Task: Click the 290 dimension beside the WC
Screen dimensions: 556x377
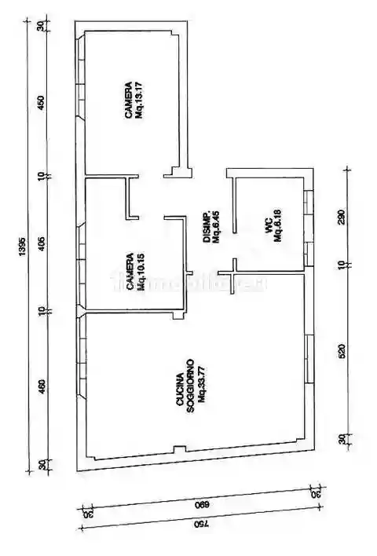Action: click(341, 218)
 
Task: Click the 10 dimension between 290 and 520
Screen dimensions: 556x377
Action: click(341, 265)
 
